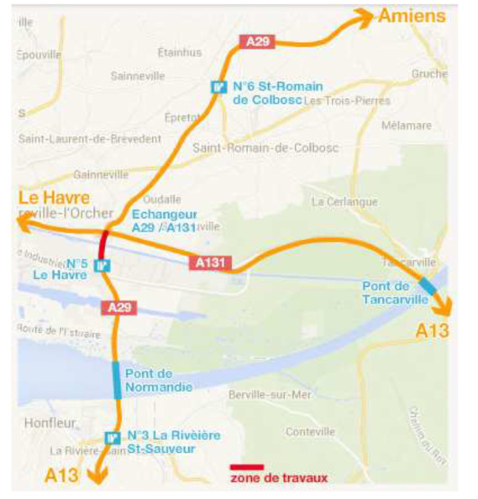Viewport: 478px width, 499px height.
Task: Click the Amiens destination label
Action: point(412,16)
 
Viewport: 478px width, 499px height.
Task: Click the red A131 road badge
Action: point(211,263)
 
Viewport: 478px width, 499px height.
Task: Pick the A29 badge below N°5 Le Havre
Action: point(120,308)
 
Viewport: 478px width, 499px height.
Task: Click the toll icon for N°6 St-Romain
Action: point(218,86)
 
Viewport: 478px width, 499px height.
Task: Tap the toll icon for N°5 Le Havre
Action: point(102,267)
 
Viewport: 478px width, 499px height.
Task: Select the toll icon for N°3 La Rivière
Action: point(111,437)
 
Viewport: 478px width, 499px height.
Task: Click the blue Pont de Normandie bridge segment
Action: point(116,379)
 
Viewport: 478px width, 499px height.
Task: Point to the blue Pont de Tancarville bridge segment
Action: point(428,286)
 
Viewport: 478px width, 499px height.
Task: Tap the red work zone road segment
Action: point(102,246)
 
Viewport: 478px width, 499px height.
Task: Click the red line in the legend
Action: point(247,467)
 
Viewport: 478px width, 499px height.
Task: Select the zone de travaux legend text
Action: point(278,479)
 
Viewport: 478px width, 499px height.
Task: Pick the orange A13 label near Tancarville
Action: point(433,331)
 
